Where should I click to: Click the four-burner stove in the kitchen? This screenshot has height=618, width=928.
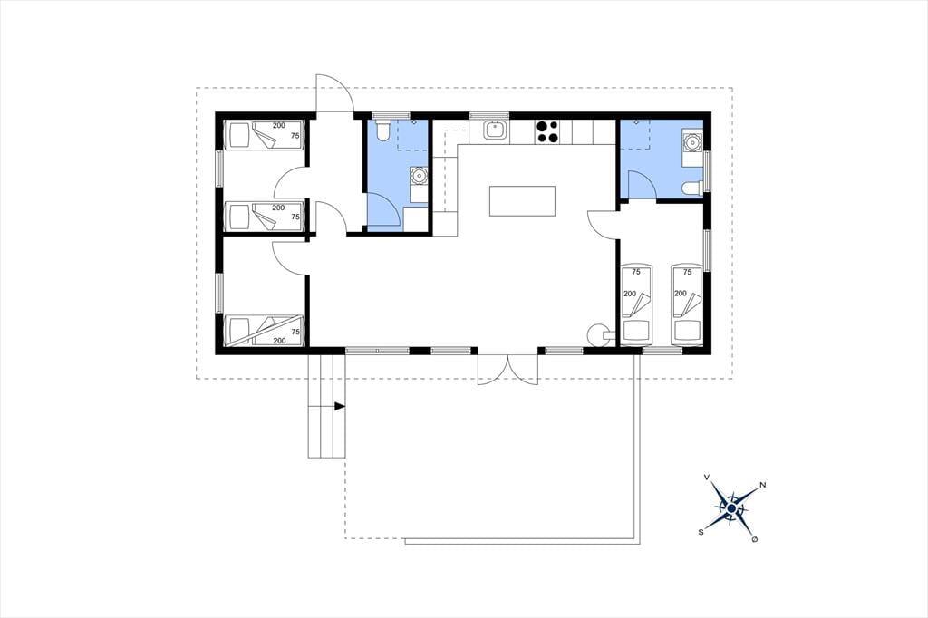pyautogui.click(x=546, y=131)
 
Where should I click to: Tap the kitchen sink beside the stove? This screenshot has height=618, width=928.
pyautogui.click(x=493, y=130)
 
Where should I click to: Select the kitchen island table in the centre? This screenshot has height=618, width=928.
pyautogui.click(x=522, y=201)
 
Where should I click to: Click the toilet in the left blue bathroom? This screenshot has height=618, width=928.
pyautogui.click(x=382, y=130)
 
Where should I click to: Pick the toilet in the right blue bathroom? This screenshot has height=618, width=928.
pyautogui.click(x=691, y=188)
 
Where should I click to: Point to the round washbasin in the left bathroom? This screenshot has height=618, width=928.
pyautogui.click(x=419, y=175)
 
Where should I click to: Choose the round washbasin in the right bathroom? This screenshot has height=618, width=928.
pyautogui.click(x=691, y=142)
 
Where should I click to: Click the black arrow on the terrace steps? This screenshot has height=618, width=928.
pyautogui.click(x=340, y=406)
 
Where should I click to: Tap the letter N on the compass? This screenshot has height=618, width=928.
pyautogui.click(x=763, y=486)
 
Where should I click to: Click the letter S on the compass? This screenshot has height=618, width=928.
pyautogui.click(x=701, y=532)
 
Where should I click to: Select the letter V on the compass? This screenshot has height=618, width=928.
pyautogui.click(x=707, y=477)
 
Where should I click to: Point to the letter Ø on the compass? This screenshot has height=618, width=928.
pyautogui.click(x=755, y=539)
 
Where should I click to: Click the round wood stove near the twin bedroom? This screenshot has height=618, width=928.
pyautogui.click(x=598, y=334)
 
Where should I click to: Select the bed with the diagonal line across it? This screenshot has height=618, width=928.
pyautogui.click(x=265, y=331)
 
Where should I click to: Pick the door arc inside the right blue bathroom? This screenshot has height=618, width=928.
pyautogui.click(x=642, y=184)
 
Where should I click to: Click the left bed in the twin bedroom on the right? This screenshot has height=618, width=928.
pyautogui.click(x=635, y=304)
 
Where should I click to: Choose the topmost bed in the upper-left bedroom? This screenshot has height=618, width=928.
pyautogui.click(x=265, y=136)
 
